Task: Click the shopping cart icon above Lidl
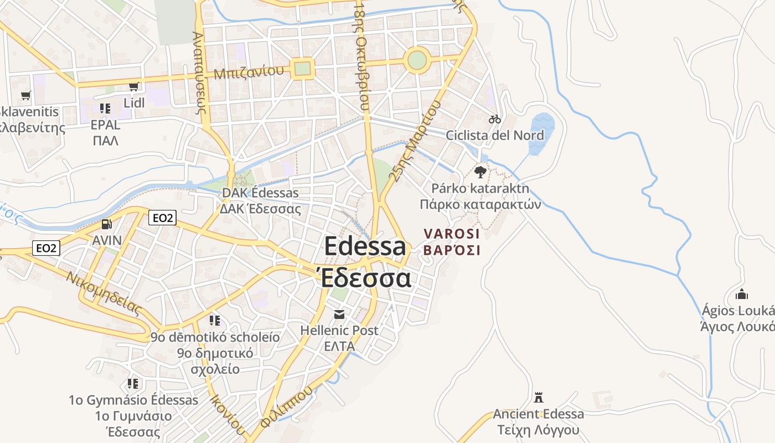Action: (x=133, y=86)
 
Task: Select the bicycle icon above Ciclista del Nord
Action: (x=495, y=119)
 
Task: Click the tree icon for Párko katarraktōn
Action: (x=480, y=172)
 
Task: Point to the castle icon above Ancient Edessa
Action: (x=538, y=397)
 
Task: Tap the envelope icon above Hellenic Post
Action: (x=339, y=315)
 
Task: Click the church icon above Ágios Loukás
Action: (x=741, y=293)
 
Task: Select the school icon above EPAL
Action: (x=105, y=109)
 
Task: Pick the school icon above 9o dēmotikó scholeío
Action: (x=215, y=321)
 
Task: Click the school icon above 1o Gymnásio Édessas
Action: (x=133, y=383)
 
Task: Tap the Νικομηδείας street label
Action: (x=104, y=293)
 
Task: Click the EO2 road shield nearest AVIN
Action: (x=162, y=218)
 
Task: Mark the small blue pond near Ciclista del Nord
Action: (x=541, y=133)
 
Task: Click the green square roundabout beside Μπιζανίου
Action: (x=302, y=69)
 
